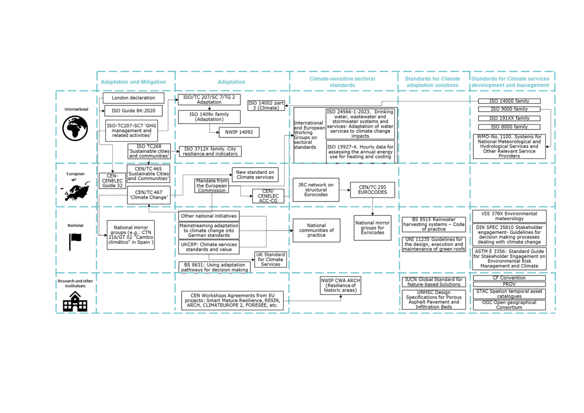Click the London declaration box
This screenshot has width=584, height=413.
(x=133, y=98)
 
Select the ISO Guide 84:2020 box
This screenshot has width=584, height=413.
(x=133, y=111)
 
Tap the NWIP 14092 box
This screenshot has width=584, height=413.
(x=239, y=132)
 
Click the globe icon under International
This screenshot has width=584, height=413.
(x=75, y=128)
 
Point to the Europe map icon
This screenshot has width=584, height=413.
(x=75, y=190)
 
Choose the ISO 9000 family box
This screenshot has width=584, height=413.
(x=509, y=109)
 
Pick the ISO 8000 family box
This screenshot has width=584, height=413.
(x=509, y=127)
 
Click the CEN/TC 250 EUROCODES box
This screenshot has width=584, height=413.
(x=372, y=190)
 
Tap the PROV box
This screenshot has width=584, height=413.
(x=509, y=284)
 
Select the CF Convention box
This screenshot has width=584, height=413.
(x=509, y=278)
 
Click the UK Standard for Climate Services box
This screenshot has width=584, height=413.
(x=270, y=259)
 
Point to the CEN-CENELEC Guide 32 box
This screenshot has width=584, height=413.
(x=112, y=181)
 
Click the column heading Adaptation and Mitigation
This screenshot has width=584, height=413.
(x=133, y=82)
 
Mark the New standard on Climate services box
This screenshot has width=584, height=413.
(x=255, y=175)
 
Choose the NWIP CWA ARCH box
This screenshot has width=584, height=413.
(x=340, y=285)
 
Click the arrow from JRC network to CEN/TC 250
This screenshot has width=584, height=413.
(x=345, y=190)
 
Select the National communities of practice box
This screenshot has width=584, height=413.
(x=316, y=230)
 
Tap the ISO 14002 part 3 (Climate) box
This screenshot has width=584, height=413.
(x=266, y=106)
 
